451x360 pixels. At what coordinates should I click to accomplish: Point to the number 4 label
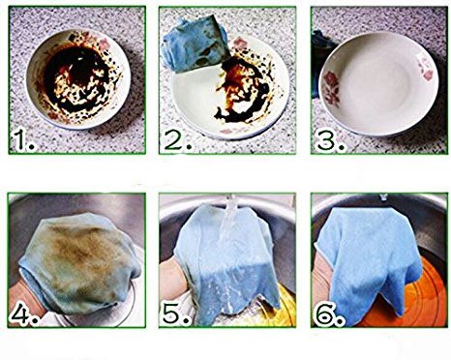23,315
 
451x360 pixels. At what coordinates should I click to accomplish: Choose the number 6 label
330,315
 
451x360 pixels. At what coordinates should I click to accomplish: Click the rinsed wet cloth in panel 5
227,281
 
